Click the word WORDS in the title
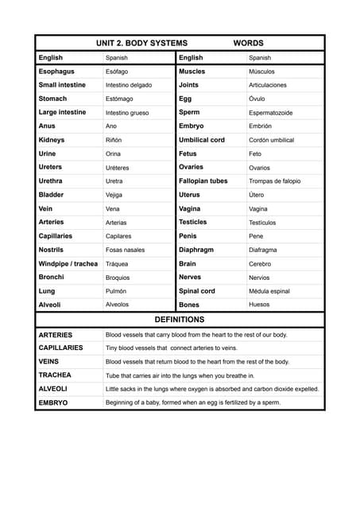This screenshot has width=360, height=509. (248, 43)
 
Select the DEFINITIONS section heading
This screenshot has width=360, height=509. (179, 319)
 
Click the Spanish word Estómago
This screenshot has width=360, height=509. (119, 99)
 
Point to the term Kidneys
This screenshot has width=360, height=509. (52, 140)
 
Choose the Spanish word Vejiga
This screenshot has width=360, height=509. (114, 195)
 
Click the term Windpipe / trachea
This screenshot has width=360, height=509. (68, 263)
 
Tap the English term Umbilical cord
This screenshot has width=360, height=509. (202, 140)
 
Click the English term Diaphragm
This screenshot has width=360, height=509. (196, 250)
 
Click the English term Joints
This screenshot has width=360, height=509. (189, 84)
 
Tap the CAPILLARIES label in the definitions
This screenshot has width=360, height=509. (60, 348)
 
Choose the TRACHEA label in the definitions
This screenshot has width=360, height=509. (55, 375)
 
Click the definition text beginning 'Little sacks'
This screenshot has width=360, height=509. (212, 389)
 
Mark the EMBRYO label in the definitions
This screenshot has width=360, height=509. (53, 403)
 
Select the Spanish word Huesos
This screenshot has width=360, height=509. (259, 305)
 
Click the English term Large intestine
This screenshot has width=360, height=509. (62, 112)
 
